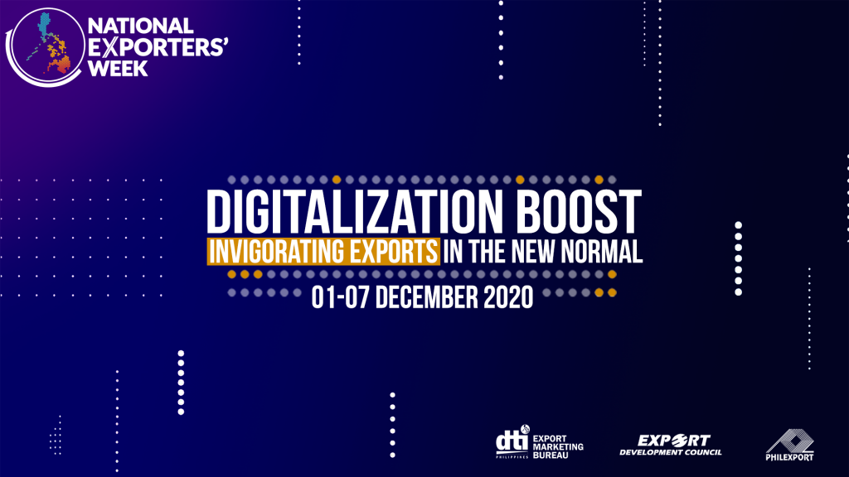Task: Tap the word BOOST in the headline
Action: point(578,212)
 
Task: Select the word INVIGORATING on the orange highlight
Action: point(277,252)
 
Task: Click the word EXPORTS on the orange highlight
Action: point(394,252)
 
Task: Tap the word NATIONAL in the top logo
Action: point(141,26)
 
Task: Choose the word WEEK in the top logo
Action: point(118,68)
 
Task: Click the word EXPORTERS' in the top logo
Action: point(158,47)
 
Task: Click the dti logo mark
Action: point(512,441)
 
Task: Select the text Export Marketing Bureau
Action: point(558,446)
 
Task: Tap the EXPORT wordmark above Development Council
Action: point(673,441)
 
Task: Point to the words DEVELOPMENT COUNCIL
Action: point(670,452)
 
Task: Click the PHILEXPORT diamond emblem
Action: point(790,441)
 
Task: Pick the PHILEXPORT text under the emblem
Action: point(789,457)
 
